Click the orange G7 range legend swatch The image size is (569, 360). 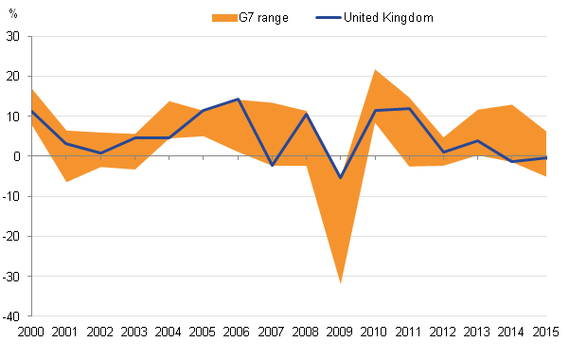click(224, 18)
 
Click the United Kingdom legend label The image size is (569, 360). click(388, 17)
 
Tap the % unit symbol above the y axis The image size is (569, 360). click(13, 14)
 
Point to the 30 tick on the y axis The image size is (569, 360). click(13, 36)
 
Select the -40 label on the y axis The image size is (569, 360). click(11, 316)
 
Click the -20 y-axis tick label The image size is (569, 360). click(11, 237)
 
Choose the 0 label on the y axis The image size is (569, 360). click(17, 156)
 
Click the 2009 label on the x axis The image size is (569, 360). click(340, 332)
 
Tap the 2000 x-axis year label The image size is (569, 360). click(31, 332)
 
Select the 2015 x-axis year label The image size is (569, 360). click(545, 332)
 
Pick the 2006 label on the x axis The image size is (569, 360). click(237, 332)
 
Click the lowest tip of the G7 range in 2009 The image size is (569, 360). click(341, 283)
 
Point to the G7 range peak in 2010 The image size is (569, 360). click(375, 69)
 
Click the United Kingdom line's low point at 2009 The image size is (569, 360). click(341, 178)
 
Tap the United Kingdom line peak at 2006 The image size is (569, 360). click(238, 99)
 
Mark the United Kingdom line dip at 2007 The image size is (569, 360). click(272, 165)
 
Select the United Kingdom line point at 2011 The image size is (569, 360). click(409, 109)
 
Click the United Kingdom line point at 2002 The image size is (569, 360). click(100, 153)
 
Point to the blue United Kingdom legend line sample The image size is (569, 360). click(329, 17)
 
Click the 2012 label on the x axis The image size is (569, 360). click(443, 332)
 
